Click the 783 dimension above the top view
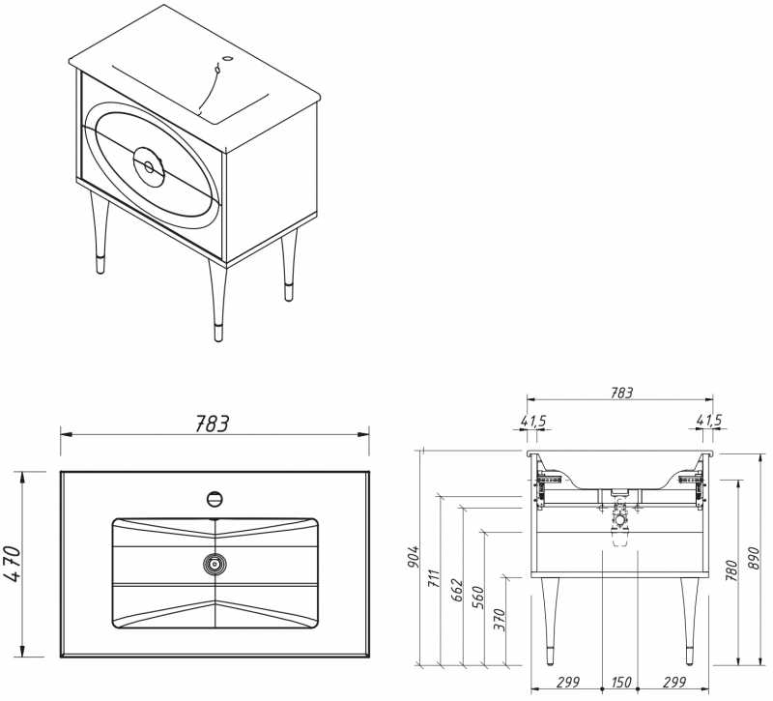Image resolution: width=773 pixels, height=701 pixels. click(x=213, y=424)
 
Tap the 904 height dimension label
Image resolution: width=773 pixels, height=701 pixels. click(x=414, y=557)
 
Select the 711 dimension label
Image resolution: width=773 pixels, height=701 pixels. click(x=434, y=579)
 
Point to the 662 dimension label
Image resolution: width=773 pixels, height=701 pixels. click(x=458, y=589)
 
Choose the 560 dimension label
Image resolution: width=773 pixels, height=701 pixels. click(x=478, y=598)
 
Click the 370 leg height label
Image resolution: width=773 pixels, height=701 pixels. click(x=500, y=620)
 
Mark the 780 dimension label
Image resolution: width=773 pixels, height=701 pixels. click(x=732, y=571)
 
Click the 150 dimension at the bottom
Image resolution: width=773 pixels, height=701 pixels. click(x=620, y=683)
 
